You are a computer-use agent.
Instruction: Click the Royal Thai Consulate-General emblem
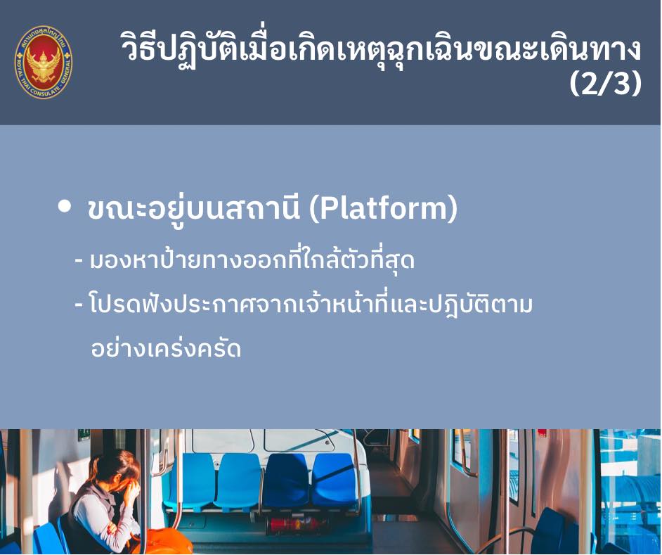click(43, 62)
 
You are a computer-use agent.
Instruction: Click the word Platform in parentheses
click(384, 208)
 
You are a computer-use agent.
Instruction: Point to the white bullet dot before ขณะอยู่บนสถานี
click(65, 206)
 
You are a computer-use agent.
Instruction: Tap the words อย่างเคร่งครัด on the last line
click(166, 349)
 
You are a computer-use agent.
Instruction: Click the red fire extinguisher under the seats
click(292, 525)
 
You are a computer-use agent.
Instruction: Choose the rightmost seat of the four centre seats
click(333, 481)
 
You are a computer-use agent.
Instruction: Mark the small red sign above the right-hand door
click(542, 433)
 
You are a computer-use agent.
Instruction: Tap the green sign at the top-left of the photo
click(84, 435)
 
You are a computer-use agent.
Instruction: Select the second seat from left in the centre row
click(239, 481)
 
